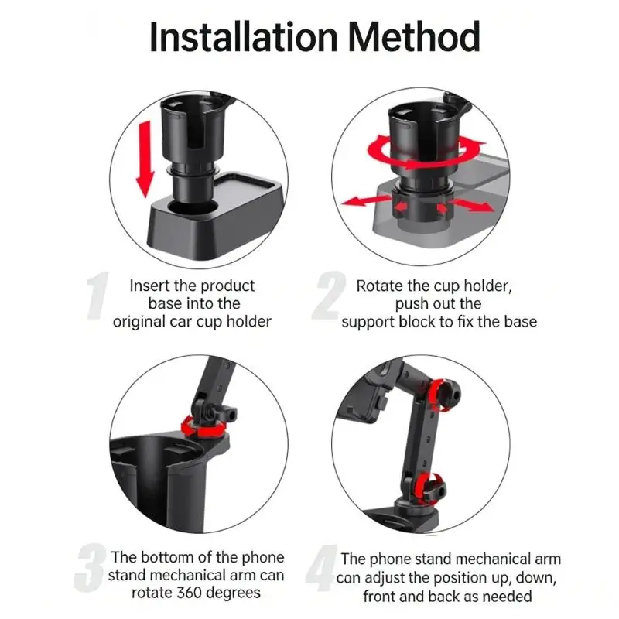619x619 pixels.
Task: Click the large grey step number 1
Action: click(x=99, y=297)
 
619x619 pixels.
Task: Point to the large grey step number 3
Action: click(x=91, y=573)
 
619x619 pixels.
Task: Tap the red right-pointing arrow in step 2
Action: click(x=472, y=205)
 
